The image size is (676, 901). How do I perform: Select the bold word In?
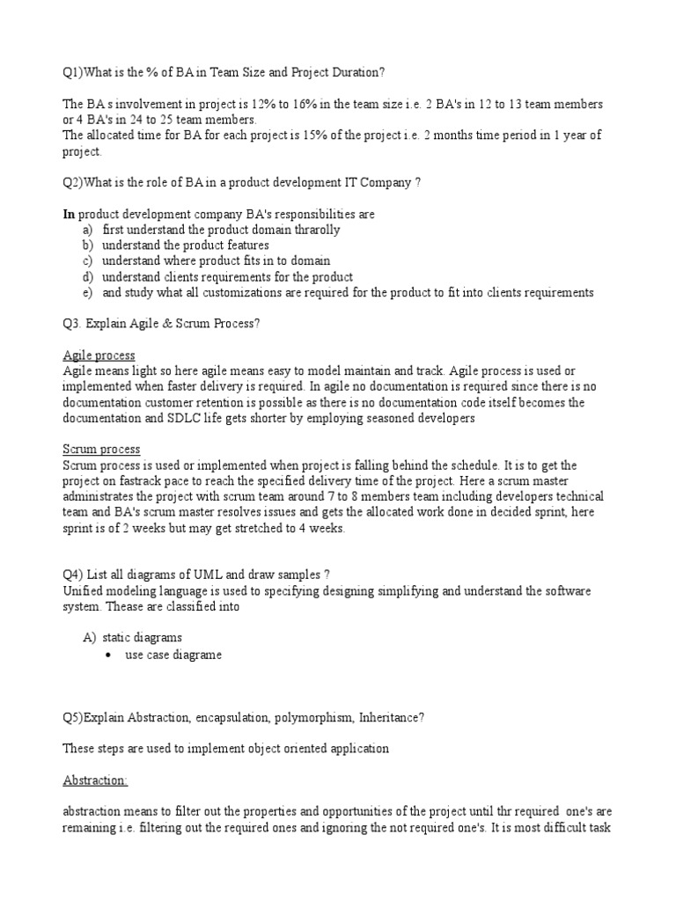click(x=69, y=214)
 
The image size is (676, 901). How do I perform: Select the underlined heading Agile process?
click(x=99, y=355)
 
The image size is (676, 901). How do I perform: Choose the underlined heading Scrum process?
click(x=101, y=450)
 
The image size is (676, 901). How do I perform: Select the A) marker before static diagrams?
click(x=86, y=638)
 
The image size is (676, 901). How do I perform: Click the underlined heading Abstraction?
click(x=95, y=780)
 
